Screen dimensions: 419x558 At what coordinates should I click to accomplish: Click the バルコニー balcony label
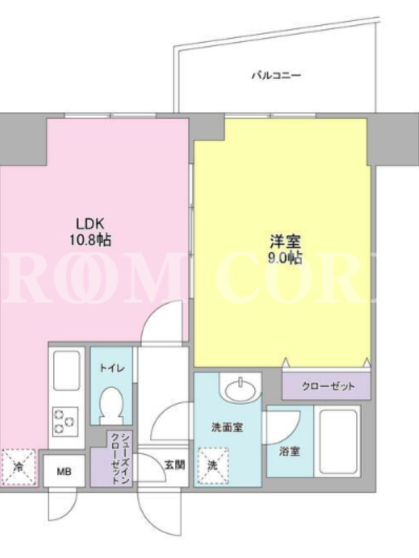pyautogui.click(x=277, y=75)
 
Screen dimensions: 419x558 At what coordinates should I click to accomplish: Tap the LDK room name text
pyautogui.click(x=90, y=224)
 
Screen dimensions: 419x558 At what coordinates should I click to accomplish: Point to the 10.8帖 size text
pyautogui.click(x=90, y=240)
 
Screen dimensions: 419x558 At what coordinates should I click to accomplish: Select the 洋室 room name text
pyautogui.click(x=285, y=241)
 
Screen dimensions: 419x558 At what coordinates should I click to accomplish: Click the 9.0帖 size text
pyautogui.click(x=285, y=257)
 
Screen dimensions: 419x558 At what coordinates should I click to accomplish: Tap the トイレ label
pyautogui.click(x=112, y=368)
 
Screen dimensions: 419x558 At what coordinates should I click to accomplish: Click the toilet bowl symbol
pyautogui.click(x=112, y=406)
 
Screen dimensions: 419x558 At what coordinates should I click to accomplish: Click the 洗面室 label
pyautogui.click(x=227, y=427)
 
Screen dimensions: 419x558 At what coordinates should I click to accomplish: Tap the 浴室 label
pyautogui.click(x=289, y=452)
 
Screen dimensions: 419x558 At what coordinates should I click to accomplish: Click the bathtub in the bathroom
pyautogui.click(x=338, y=442)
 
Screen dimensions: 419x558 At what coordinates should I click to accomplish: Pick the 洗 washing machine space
pyautogui.click(x=213, y=466)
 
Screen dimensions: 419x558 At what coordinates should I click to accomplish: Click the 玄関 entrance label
pyautogui.click(x=175, y=465)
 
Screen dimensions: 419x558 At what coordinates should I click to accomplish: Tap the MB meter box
pyautogui.click(x=64, y=472)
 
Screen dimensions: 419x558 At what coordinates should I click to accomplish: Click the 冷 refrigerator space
pyautogui.click(x=19, y=467)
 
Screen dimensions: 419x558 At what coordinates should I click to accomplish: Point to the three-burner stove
pyautogui.click(x=65, y=422)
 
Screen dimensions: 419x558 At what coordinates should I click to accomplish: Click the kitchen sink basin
pyautogui.click(x=66, y=370)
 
